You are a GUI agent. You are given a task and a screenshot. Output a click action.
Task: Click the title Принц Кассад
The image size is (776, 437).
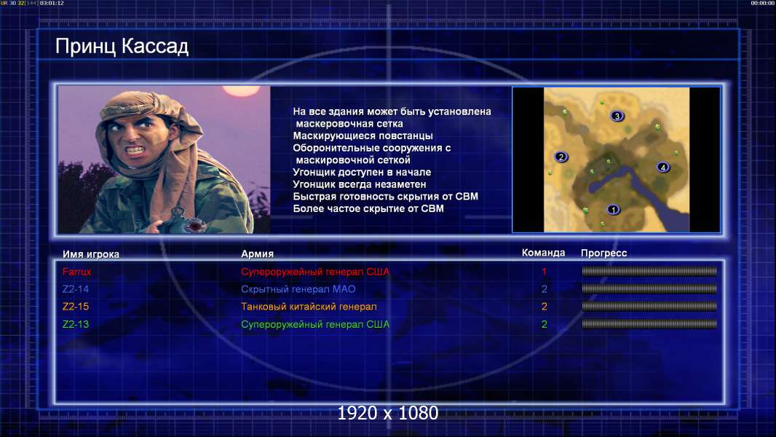(x=122, y=46)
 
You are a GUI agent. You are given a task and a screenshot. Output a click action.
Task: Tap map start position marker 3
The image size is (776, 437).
(x=617, y=117)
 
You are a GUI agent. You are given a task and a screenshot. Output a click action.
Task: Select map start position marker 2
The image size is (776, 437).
(x=561, y=157)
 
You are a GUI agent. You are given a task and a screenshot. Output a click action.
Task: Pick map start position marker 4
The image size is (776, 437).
(x=662, y=168)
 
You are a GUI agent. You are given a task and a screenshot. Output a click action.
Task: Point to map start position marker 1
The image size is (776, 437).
(x=613, y=210)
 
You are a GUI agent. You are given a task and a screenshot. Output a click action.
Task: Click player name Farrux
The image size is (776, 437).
(x=76, y=272)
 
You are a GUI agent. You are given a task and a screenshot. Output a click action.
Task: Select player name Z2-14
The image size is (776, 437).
(x=76, y=289)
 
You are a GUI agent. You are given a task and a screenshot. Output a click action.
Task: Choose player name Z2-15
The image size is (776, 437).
(x=76, y=307)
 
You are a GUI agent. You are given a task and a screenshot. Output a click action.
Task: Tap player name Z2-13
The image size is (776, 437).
(x=76, y=324)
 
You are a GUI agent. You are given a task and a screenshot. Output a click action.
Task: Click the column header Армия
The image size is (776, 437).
(x=258, y=254)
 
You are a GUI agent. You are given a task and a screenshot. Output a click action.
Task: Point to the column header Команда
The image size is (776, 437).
(x=543, y=253)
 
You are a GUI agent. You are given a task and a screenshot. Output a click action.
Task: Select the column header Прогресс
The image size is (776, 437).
(x=603, y=253)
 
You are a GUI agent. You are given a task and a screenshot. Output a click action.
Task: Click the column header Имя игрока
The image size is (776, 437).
(x=90, y=254)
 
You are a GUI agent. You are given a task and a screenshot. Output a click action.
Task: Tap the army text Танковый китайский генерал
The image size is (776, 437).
(x=309, y=307)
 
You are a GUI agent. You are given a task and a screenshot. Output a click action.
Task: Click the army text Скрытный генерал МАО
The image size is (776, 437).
(x=298, y=290)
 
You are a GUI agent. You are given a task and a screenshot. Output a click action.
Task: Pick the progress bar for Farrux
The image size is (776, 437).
(x=649, y=271)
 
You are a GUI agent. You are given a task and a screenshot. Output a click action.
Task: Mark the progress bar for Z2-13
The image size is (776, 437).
(x=649, y=324)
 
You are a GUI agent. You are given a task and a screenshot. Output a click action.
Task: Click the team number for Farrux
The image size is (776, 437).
(x=544, y=272)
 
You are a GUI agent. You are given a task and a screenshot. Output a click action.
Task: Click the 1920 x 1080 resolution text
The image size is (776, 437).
(x=388, y=413)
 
